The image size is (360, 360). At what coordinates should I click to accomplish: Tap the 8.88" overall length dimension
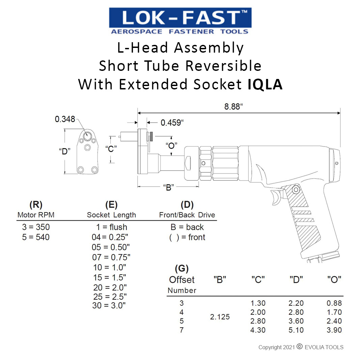click(233, 107)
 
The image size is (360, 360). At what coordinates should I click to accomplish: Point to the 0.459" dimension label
click(172, 122)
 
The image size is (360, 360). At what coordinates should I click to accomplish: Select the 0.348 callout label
click(65, 119)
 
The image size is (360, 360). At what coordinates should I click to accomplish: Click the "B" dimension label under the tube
click(168, 187)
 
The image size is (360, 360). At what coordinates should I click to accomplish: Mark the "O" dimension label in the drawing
click(171, 145)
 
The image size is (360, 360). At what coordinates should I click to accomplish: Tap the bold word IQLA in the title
click(265, 84)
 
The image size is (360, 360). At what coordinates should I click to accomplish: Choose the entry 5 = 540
click(36, 237)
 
